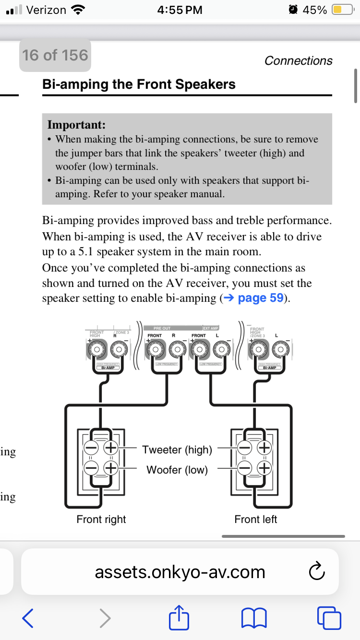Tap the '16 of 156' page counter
tap(55, 55)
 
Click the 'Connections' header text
tap(298, 60)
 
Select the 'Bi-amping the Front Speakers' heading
tap(139, 84)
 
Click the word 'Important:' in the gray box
tap(76, 125)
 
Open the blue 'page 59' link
tap(260, 298)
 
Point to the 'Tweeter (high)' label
tap(177, 450)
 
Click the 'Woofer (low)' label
tap(177, 470)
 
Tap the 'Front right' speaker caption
tap(101, 519)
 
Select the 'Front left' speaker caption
tap(256, 519)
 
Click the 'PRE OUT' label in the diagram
tap(162, 328)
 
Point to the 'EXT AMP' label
tap(211, 328)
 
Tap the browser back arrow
tap(28, 618)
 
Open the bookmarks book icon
tap(254, 618)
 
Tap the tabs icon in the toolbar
tap(330, 618)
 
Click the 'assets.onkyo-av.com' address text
tap(180, 572)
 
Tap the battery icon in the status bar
tap(343, 10)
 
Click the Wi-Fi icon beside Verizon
tap(77, 10)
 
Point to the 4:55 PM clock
tap(180, 10)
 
